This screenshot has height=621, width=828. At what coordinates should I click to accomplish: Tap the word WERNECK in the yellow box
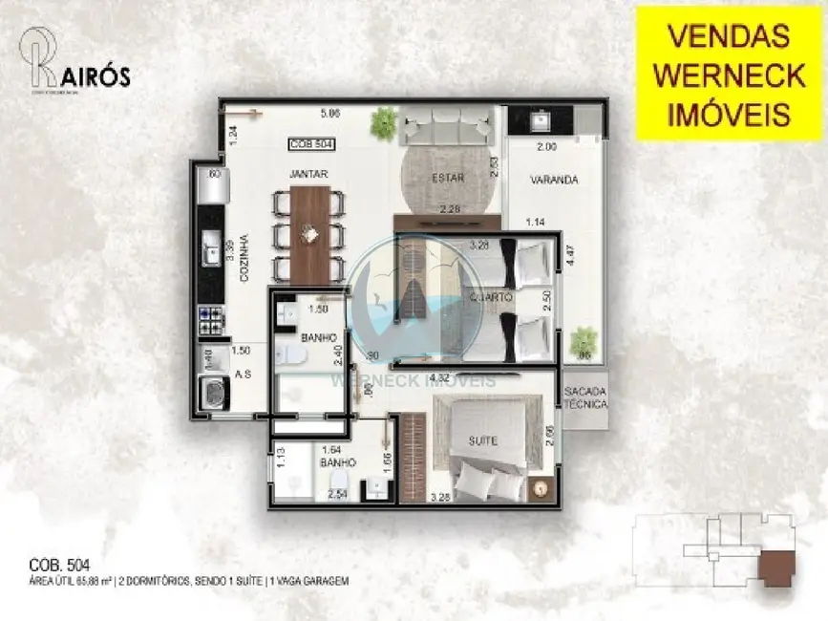pos(729,75)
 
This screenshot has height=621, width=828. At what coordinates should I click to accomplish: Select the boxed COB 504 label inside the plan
pos(312,144)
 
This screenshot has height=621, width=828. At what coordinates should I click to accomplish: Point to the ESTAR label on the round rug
pos(444,176)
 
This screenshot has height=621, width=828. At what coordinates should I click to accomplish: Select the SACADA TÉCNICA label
pos(584,398)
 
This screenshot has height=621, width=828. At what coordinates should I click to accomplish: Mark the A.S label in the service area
pos(244,375)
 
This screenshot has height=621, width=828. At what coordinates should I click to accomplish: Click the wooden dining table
pos(310,234)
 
